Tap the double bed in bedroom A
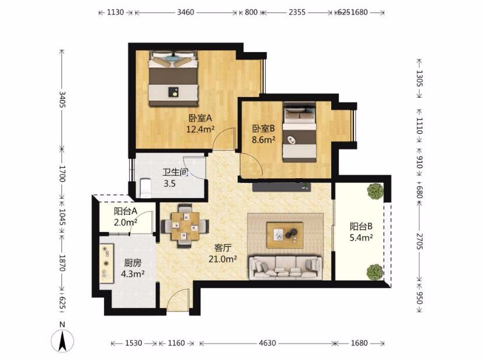pos(173,78)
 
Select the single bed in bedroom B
pos(300,132)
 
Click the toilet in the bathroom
pos(145,188)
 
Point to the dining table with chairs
pos(185,226)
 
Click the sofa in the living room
pos(286,267)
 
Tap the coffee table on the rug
pos(285,235)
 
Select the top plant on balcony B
pos(375,192)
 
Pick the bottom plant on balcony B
pos(375,272)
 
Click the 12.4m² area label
pos(200,129)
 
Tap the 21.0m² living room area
pos(223,259)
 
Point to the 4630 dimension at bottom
pos(267,343)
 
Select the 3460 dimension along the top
pos(186,12)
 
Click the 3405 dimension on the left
pos(62,99)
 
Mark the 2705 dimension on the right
pos(419,241)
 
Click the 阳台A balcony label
pos(126,212)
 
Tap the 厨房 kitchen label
pos(133,263)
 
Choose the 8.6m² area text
pos(263,140)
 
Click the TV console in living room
pos(282,187)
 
